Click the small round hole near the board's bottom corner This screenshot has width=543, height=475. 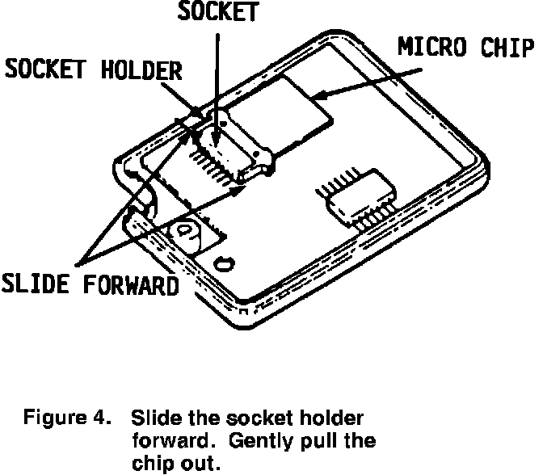point(222,262)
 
